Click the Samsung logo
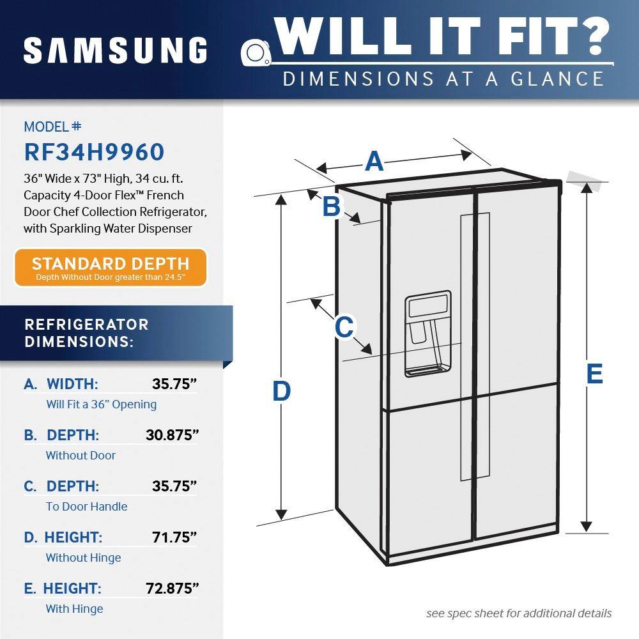pos(115,50)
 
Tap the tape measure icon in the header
pos(256,52)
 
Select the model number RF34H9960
pos(94,152)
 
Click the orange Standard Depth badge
pos(111,268)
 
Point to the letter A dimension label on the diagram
pos(374,161)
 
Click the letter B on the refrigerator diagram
pos(331,206)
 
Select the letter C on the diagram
pos(344,327)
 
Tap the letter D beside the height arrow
pos(281,391)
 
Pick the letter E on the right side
pos(594,374)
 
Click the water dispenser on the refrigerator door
pos(428,334)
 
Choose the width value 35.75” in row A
pos(174,384)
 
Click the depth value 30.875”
pos(172,435)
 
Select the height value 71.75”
pos(174,537)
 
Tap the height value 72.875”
pos(172,589)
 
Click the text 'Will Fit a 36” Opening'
pos(102,404)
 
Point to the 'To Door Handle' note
pos(86,507)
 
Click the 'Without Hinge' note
pos(83,557)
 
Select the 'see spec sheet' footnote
pos(519,613)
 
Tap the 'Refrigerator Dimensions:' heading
pos(86,333)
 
